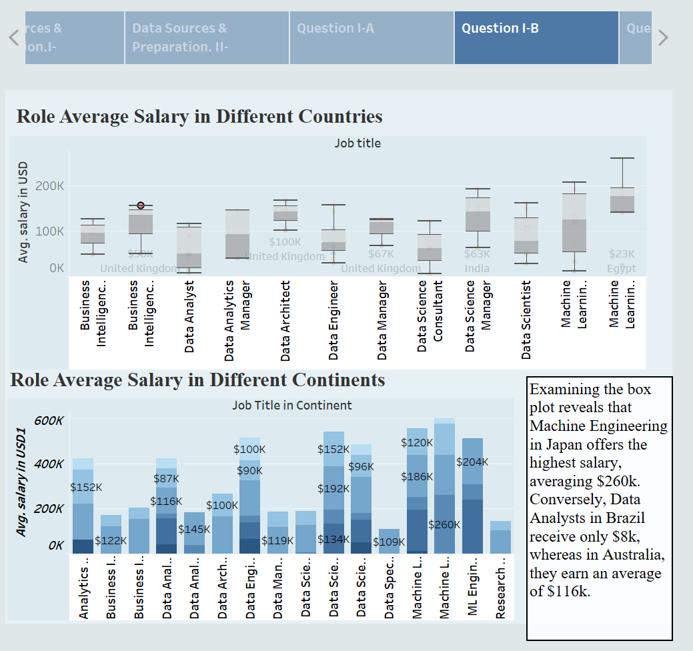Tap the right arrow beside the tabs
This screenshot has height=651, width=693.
click(x=662, y=37)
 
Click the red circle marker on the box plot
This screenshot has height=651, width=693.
click(x=141, y=206)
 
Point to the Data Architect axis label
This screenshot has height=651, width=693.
click(x=285, y=321)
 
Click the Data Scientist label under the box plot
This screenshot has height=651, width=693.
click(x=526, y=319)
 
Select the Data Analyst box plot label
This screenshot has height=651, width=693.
click(x=189, y=316)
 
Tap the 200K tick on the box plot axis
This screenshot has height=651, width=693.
click(x=50, y=185)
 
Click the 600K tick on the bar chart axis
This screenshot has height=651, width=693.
click(x=50, y=421)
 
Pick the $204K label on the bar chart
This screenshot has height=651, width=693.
click(x=472, y=462)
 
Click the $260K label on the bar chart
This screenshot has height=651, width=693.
click(x=444, y=524)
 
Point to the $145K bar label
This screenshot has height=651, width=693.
click(x=194, y=530)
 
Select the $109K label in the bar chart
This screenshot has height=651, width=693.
click(x=389, y=542)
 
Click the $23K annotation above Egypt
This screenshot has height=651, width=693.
click(x=622, y=254)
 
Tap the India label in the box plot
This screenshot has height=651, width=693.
click(x=477, y=268)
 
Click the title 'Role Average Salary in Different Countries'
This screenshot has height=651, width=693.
click(x=199, y=116)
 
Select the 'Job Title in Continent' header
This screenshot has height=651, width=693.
click(x=292, y=405)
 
